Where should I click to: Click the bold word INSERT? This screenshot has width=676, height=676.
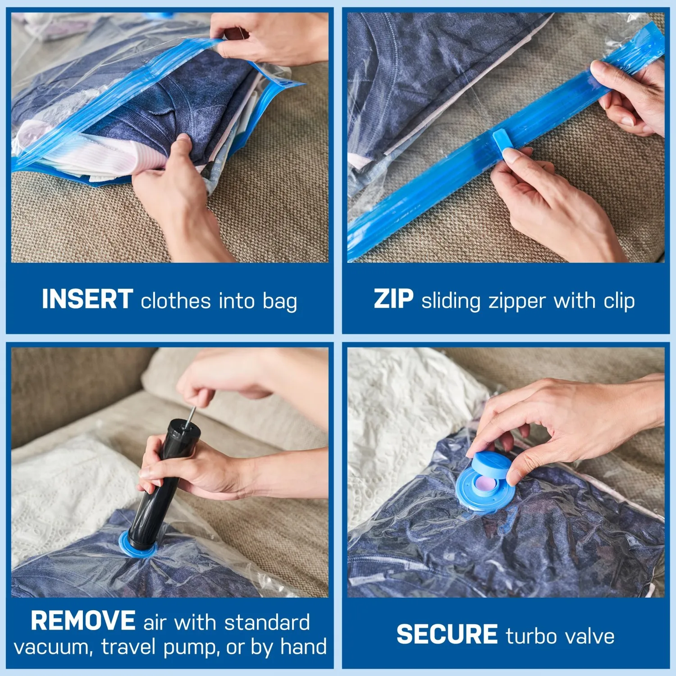tap(87, 300)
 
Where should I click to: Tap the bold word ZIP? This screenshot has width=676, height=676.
tap(393, 300)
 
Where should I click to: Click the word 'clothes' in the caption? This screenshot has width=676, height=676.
tap(175, 301)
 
